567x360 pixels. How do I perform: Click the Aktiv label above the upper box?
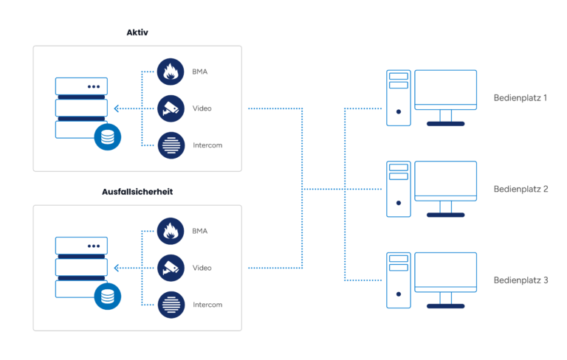[x=138, y=32]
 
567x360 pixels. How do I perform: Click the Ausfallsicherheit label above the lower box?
[x=138, y=192]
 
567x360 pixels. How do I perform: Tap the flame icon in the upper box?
[x=171, y=72]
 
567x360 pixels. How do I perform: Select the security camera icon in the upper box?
[x=171, y=108]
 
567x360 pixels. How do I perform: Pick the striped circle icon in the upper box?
[x=171, y=145]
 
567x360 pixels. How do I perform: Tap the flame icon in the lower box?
[x=171, y=231]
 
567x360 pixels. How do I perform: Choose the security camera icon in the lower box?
[x=171, y=268]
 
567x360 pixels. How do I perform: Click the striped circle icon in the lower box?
[x=171, y=305]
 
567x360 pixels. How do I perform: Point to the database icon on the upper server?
[x=108, y=137]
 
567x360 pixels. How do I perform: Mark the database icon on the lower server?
[x=108, y=297]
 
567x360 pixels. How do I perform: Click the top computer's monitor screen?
[x=445, y=88]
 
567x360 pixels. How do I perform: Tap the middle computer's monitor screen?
[x=445, y=179]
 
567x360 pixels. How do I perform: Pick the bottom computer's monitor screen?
[x=445, y=270]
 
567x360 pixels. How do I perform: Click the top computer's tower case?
[x=399, y=98]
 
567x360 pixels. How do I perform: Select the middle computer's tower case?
[x=399, y=189]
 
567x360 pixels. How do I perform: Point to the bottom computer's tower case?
[x=399, y=280]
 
